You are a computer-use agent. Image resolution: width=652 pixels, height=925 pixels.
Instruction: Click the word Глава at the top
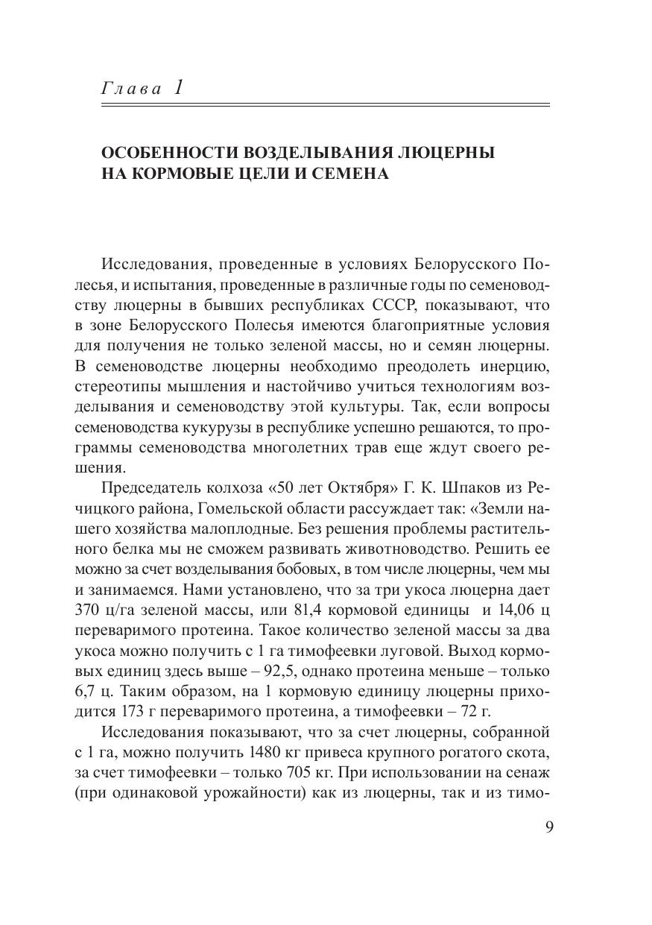click(x=130, y=89)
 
